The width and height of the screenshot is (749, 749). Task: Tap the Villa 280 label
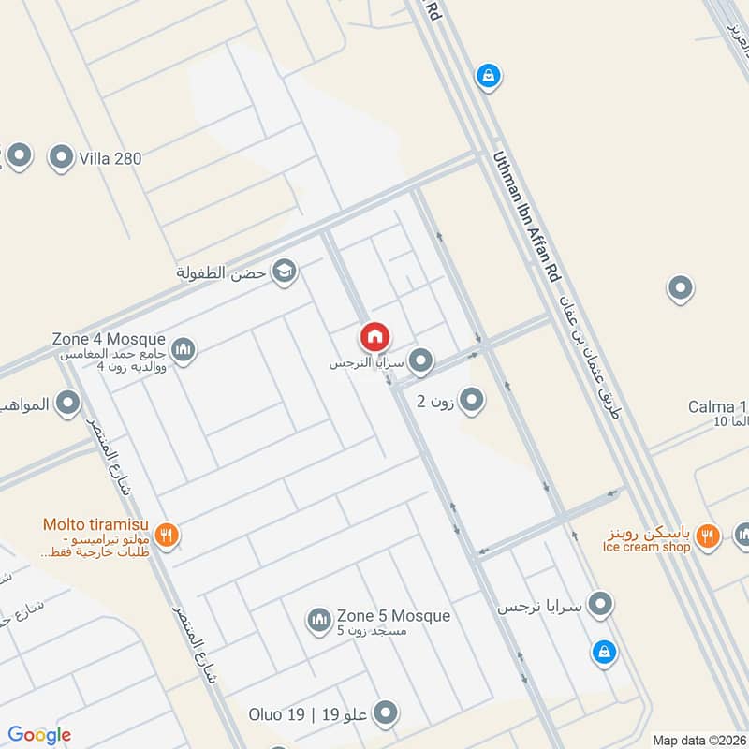[110, 158]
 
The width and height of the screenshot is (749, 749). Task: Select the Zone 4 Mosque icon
[184, 348]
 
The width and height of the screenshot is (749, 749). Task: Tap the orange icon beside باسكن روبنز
[710, 535]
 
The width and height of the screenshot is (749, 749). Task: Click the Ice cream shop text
[647, 547]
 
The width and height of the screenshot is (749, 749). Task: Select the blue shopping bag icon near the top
[487, 75]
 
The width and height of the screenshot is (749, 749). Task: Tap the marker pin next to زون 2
[473, 401]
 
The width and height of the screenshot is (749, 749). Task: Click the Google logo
[39, 735]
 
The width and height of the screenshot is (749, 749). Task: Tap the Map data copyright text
[698, 740]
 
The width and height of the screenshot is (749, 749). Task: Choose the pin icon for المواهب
[67, 404]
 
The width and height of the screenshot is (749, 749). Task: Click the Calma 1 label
[717, 407]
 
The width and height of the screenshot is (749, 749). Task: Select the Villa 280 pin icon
[62, 157]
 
